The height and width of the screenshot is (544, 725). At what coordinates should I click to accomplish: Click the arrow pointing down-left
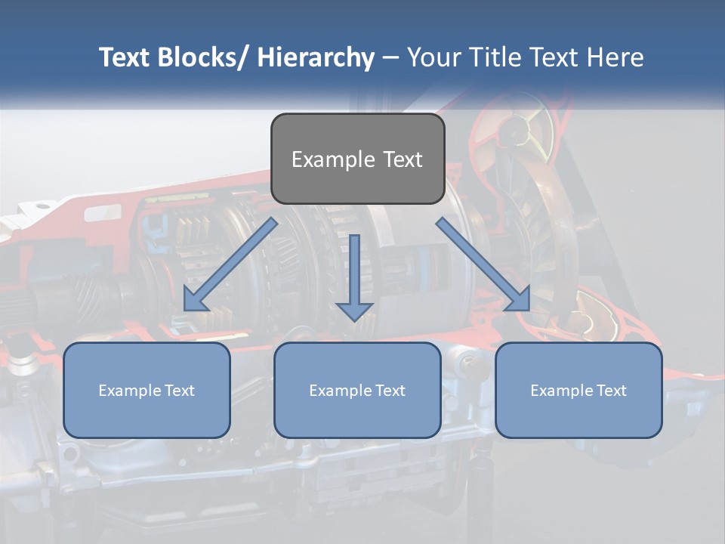230,265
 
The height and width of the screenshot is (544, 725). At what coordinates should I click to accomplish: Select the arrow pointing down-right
483,265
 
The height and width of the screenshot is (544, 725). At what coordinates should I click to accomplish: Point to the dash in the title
390,57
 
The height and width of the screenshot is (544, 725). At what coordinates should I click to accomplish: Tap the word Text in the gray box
402,159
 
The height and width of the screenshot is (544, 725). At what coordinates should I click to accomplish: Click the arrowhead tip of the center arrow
354,320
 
